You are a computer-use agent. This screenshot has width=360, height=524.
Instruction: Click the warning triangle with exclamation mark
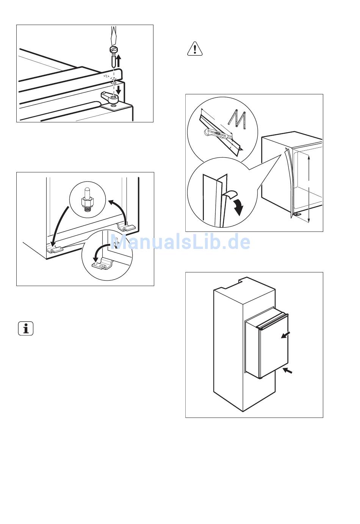click(x=195, y=48)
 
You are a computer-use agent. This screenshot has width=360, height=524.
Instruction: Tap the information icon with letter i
click(x=26, y=328)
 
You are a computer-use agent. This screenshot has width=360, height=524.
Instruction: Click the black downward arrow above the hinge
click(x=119, y=90)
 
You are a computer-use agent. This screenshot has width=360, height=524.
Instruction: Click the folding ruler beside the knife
click(x=237, y=119)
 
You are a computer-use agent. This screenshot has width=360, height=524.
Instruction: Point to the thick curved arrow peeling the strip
click(x=239, y=206)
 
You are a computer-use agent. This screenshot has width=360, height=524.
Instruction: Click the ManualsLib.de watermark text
click(x=180, y=242)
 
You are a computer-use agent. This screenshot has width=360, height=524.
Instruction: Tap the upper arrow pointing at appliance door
click(x=285, y=335)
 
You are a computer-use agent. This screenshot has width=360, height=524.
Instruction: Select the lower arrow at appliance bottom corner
click(x=288, y=371)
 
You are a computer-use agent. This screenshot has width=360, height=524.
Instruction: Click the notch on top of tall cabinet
click(x=243, y=280)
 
